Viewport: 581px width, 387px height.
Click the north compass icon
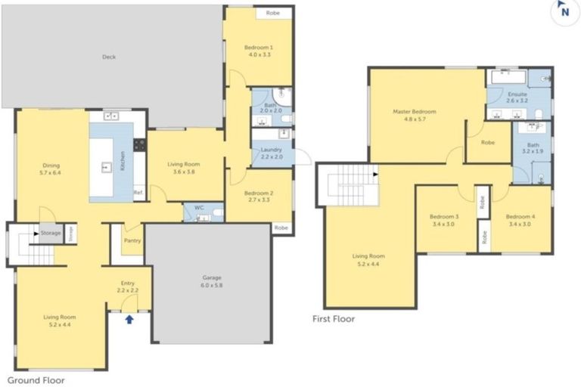pyautogui.click(x=564, y=11)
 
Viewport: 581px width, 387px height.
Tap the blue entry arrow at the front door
pyautogui.click(x=129, y=319)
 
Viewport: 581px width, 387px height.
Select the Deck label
pyautogui.click(x=110, y=57)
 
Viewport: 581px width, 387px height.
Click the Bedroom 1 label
pyautogui.click(x=258, y=51)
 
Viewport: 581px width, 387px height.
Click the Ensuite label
pyautogui.click(x=517, y=96)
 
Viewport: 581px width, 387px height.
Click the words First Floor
pyautogui.click(x=334, y=319)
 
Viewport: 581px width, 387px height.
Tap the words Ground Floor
pyautogui.click(x=36, y=380)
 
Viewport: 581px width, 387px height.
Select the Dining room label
pyautogui.click(x=51, y=169)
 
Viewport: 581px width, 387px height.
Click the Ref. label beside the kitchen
pyautogui.click(x=138, y=193)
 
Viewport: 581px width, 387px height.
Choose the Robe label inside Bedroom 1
pyautogui.click(x=274, y=13)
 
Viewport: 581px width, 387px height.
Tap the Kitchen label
pyautogui.click(x=123, y=161)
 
